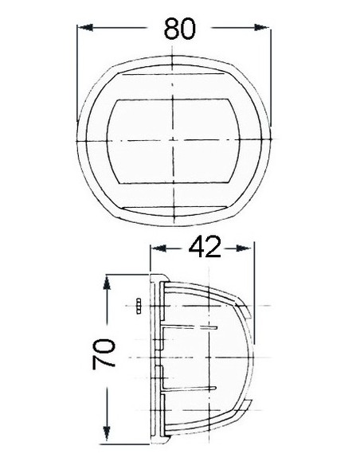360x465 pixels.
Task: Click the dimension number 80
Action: tap(180, 29)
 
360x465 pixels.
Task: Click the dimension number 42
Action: tap(205, 248)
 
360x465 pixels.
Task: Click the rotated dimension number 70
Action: tap(104, 354)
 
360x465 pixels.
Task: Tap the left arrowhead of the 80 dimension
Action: tap(85, 28)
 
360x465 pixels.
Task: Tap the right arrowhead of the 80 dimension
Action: tap(262, 28)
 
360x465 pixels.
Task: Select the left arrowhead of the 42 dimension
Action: tap(158, 248)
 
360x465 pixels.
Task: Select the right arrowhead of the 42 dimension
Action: tap(244, 248)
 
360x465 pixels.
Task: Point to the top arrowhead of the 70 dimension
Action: tap(107, 282)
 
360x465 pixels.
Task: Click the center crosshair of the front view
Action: tap(173, 139)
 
